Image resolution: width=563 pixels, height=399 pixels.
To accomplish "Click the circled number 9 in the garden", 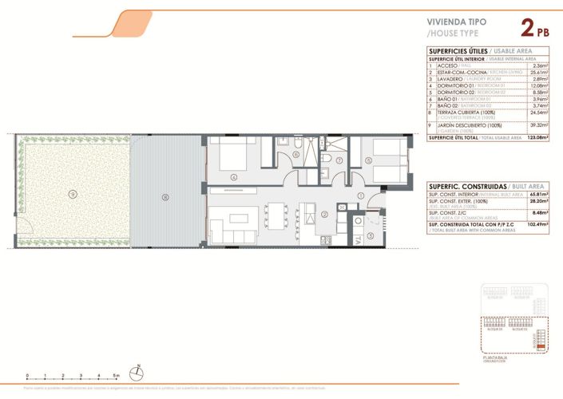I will [x=72, y=194].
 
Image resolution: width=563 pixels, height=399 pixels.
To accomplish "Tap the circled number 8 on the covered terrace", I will [x=165, y=196].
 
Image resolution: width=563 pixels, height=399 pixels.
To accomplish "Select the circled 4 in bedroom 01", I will [x=233, y=177].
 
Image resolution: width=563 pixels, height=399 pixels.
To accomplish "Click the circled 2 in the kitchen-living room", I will [x=324, y=214].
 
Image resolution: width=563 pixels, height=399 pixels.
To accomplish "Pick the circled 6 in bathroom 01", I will [x=295, y=154].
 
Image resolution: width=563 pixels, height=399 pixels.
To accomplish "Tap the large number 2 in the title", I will [x=528, y=30].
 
